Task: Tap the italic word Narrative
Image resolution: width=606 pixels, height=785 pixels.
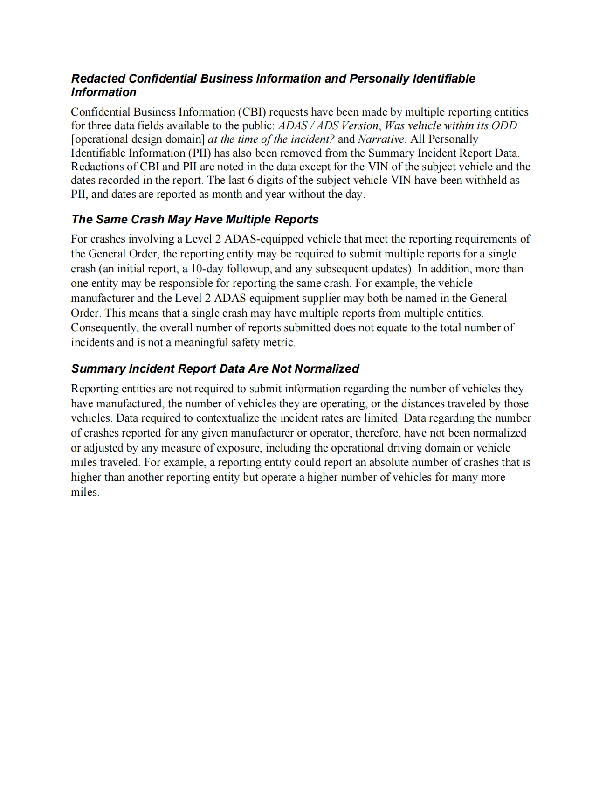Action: tap(381, 139)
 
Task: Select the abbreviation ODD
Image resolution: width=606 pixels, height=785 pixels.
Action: tap(504, 125)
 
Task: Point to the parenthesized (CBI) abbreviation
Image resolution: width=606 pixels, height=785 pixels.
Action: tap(252, 112)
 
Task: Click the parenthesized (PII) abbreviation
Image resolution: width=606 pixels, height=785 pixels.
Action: tap(200, 153)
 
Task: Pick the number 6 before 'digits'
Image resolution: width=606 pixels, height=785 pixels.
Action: tap(251, 180)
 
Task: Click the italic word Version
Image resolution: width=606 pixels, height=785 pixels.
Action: tap(360, 125)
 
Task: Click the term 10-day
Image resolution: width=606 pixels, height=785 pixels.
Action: tap(207, 269)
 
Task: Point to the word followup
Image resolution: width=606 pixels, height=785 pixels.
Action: tap(248, 269)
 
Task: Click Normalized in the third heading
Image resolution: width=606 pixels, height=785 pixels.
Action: tap(327, 368)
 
